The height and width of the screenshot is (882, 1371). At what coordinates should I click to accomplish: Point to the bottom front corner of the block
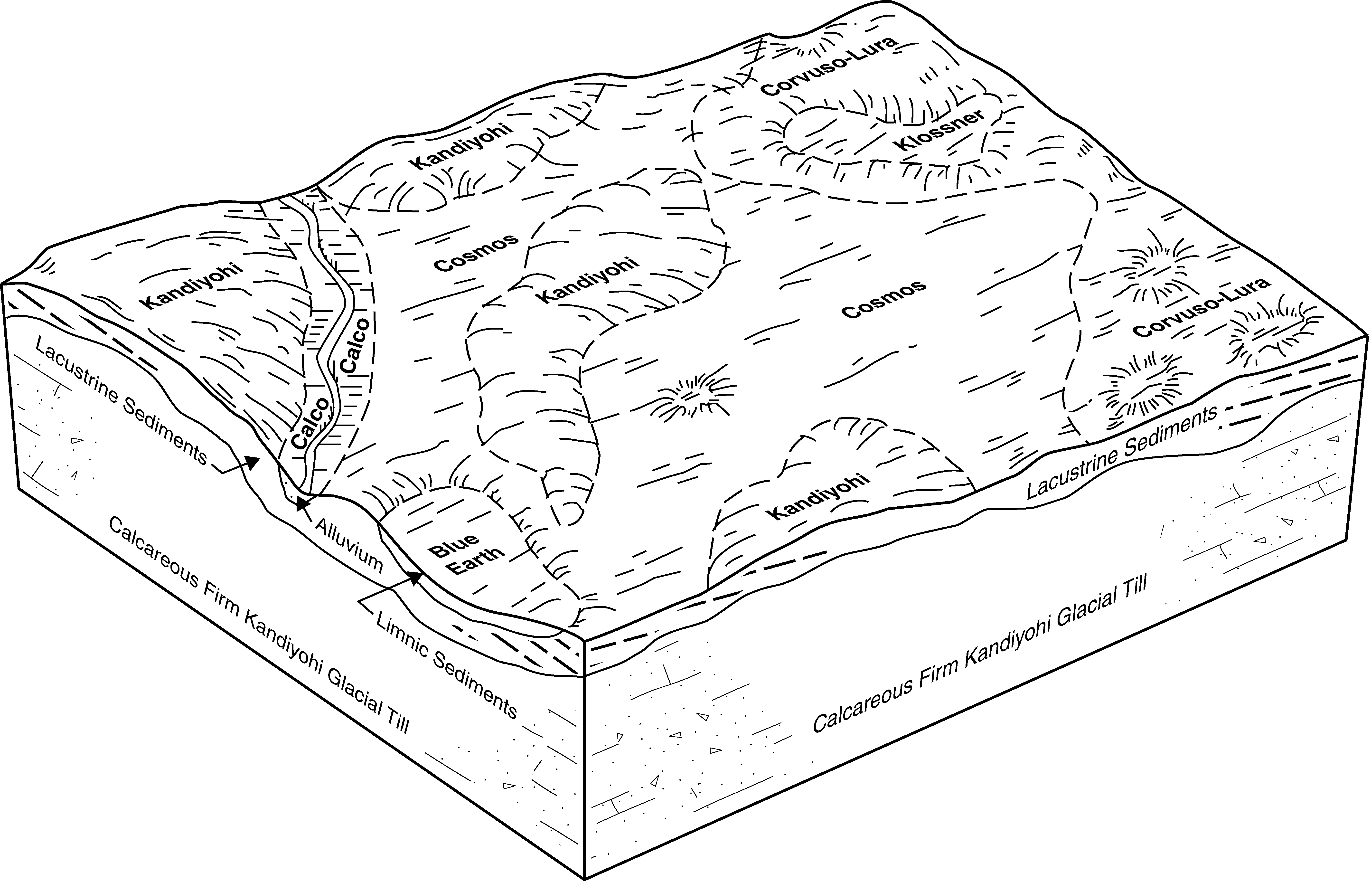584,879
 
